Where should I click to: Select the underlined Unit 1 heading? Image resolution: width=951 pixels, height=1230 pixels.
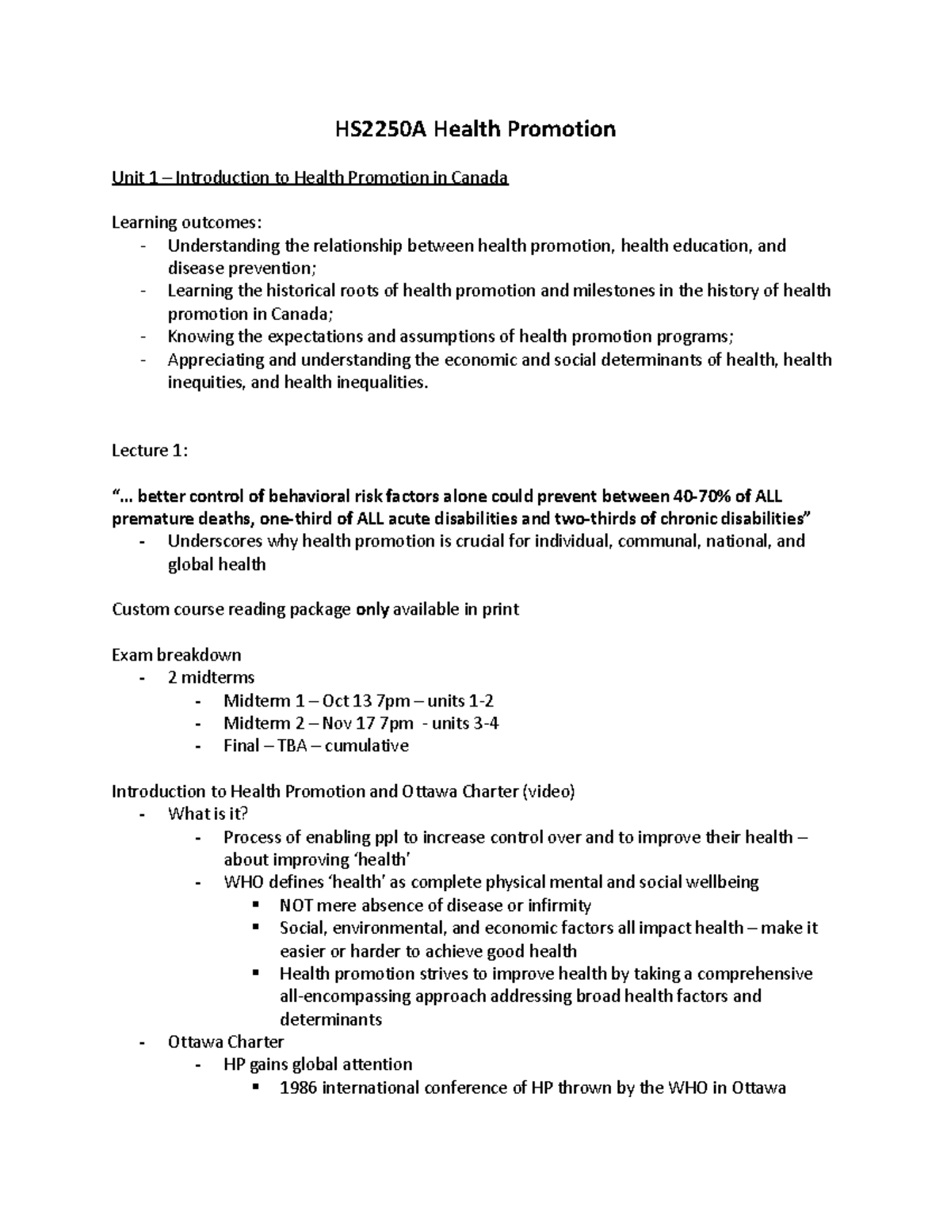pyautogui.click(x=309, y=177)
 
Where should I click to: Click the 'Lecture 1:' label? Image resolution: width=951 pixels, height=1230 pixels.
pyautogui.click(x=150, y=451)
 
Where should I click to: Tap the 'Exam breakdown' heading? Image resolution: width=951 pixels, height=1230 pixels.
pyautogui.click(x=176, y=655)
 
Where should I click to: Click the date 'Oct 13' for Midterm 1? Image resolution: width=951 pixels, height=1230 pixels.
pyautogui.click(x=347, y=701)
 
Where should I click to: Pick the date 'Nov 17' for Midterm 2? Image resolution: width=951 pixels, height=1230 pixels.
pyautogui.click(x=349, y=723)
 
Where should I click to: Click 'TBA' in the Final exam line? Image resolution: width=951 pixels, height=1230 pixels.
pyautogui.click(x=297, y=746)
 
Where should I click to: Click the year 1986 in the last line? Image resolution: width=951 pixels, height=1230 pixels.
pyautogui.click(x=299, y=1087)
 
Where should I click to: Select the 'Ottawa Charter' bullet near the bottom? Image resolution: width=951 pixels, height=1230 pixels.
pyautogui.click(x=225, y=1042)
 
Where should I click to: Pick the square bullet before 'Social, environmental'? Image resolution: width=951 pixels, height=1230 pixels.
pyautogui.click(x=255, y=927)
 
